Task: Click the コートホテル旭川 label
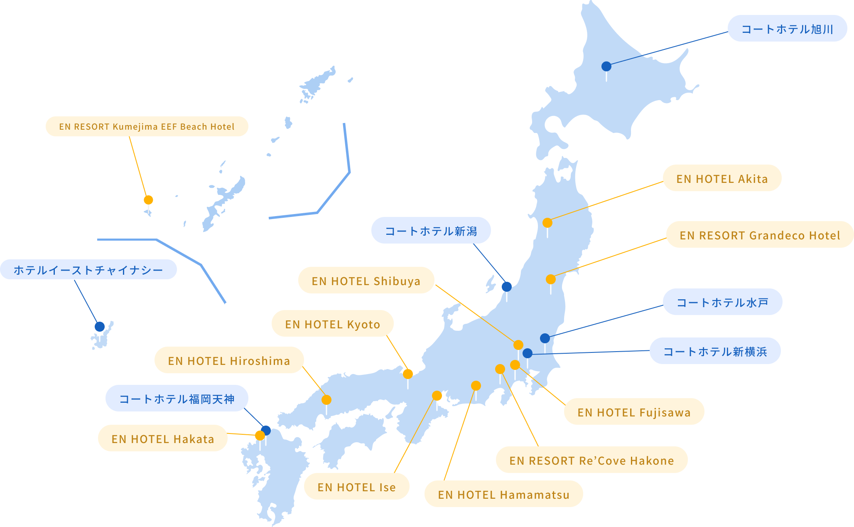coord(787,29)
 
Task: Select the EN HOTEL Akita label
coord(722,178)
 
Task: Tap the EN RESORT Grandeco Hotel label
coord(760,235)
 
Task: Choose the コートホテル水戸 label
coord(722,302)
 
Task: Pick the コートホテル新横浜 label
coord(715,351)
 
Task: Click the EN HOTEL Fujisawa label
coord(634,412)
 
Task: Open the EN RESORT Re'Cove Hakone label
coord(591,460)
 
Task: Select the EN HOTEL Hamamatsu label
coord(503,494)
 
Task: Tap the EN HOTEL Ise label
coord(356,487)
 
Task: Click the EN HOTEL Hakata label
coord(162,438)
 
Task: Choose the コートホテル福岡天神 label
coord(177,399)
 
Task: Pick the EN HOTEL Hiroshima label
coord(229,360)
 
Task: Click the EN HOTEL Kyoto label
coord(332,324)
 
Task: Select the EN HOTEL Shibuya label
coord(366,281)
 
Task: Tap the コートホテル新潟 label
coord(431,231)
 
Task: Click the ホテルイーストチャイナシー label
coord(88,270)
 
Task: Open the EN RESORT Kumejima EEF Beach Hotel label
coord(147,126)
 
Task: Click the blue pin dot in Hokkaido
coord(606,66)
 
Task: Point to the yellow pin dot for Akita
coord(547,223)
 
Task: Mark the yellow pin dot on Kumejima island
coord(148,200)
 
